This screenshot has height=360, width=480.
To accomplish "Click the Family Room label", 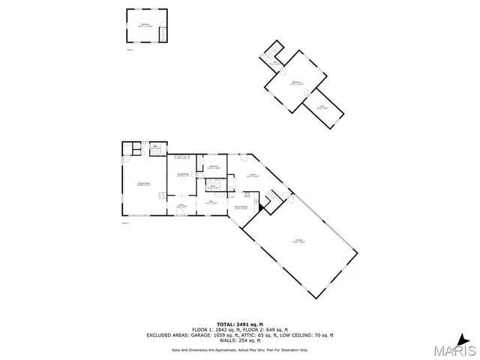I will pyautogui.click(x=143, y=184).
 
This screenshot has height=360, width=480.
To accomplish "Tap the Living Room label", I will pyautogui.click(x=182, y=175).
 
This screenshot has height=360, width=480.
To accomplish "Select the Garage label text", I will pyautogui.click(x=298, y=240).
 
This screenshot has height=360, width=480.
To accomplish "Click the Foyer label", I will pyautogui.click(x=181, y=206).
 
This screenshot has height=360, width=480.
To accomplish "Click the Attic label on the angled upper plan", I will pyautogui.click(x=322, y=107).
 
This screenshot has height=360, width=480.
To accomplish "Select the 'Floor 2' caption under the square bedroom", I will pyautogui.click(x=130, y=49).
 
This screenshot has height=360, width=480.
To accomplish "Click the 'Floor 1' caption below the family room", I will pyautogui.click(x=126, y=223).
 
